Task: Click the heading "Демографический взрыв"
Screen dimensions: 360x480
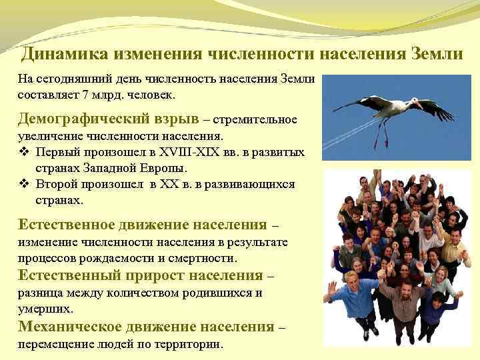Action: point(108,119)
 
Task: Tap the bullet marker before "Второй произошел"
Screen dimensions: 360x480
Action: point(23,184)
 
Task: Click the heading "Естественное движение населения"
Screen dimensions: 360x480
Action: point(142,224)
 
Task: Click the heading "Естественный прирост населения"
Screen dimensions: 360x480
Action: point(140,275)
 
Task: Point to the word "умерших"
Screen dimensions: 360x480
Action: point(45,309)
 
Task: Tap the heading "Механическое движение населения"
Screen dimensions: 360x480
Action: point(145,327)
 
